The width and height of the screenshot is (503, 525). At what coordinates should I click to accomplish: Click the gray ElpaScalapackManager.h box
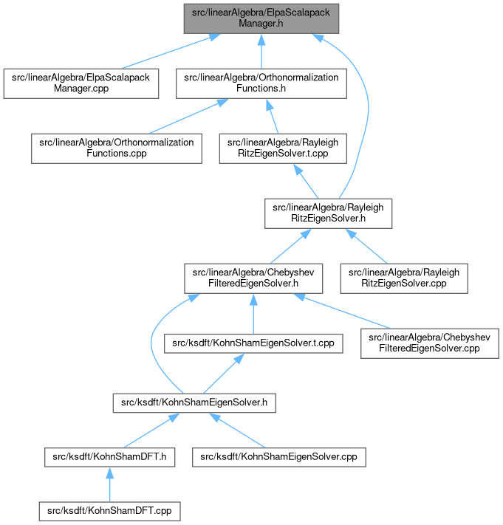coord(261,18)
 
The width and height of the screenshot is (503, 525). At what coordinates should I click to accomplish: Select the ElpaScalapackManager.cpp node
coord(81,83)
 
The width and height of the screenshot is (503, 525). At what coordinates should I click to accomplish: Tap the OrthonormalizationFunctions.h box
coord(261,83)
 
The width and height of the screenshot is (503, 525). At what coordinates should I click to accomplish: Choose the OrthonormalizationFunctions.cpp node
coord(117,148)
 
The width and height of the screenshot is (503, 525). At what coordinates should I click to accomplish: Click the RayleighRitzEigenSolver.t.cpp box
coord(283,148)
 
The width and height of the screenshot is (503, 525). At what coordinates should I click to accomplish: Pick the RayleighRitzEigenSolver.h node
coord(328,213)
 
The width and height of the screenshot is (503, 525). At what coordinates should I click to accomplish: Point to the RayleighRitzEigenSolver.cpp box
coord(404,278)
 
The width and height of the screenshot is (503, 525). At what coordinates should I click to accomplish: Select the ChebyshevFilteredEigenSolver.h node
coord(253,278)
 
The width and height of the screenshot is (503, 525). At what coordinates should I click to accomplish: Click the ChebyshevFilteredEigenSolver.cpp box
coord(430,343)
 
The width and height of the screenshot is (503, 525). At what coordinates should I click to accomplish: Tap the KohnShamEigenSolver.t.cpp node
coord(253,343)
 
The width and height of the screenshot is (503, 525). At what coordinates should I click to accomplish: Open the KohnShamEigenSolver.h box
coord(194,402)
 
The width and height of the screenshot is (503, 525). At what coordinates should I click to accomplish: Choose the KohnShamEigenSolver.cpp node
coord(279,457)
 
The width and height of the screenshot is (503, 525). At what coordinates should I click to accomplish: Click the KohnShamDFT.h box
coord(109,457)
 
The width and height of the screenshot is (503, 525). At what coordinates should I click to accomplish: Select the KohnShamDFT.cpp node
coord(109,511)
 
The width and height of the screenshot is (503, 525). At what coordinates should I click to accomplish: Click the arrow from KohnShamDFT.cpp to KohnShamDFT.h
coord(109,484)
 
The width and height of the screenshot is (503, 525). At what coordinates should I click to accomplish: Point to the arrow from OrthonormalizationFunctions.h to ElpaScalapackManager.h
coord(261,51)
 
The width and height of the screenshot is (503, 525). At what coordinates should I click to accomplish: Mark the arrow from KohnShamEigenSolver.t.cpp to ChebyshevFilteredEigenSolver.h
coord(253,313)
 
